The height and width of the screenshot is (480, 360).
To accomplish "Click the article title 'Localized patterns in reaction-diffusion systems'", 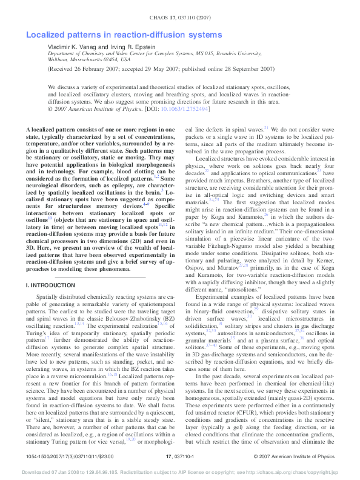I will (125, 36).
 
